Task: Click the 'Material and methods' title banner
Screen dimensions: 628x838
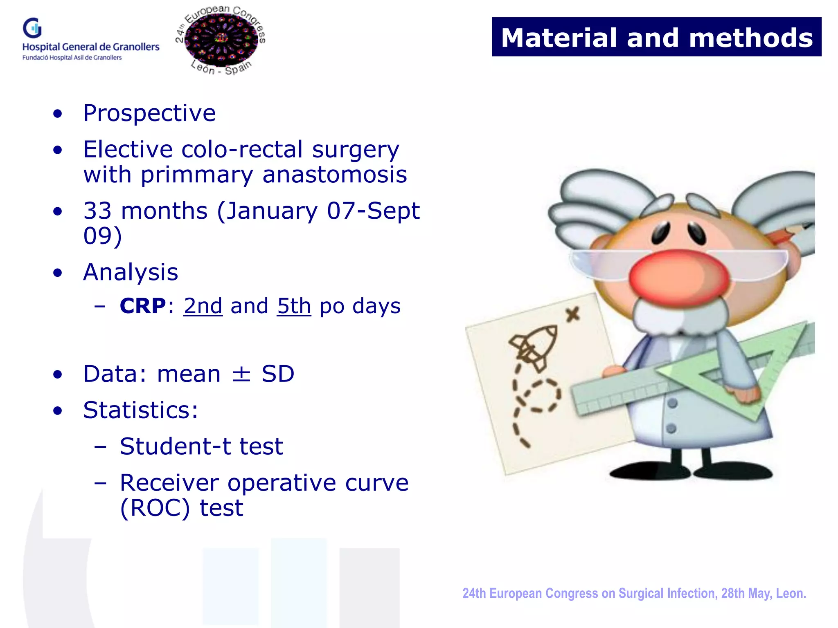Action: (x=656, y=37)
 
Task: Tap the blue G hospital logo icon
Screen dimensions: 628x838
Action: (x=32, y=28)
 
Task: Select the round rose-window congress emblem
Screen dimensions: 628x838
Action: (x=221, y=40)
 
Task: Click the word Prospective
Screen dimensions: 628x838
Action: (x=149, y=113)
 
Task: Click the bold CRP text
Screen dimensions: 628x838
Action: (x=142, y=306)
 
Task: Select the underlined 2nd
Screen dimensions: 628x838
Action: (x=203, y=306)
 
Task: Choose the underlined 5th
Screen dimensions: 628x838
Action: (x=294, y=306)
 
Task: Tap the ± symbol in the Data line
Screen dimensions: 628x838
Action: (x=241, y=374)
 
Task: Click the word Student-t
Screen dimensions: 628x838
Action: (x=176, y=446)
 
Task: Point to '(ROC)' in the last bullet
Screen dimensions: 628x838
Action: (x=155, y=508)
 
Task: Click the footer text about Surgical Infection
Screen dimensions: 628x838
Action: (x=634, y=593)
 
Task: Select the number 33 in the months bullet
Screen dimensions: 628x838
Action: (x=97, y=211)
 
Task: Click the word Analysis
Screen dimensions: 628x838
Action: (x=131, y=272)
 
